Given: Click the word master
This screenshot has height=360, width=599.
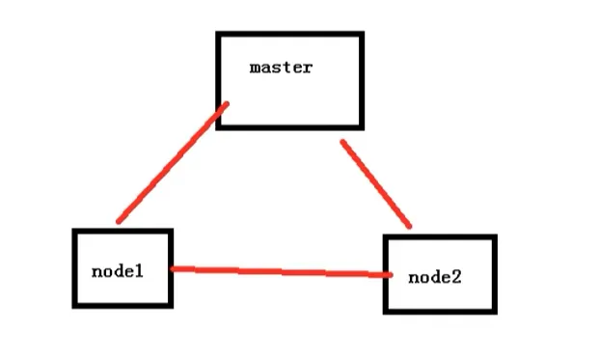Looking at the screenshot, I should pyautogui.click(x=280, y=68).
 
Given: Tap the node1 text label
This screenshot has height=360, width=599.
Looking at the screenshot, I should pyautogui.click(x=117, y=271).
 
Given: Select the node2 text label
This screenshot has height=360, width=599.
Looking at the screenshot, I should pyautogui.click(x=435, y=277).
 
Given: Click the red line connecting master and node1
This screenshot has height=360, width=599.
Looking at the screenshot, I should pyautogui.click(x=172, y=163).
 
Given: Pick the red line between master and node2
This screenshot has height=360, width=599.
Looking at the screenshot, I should pyautogui.click(x=376, y=184).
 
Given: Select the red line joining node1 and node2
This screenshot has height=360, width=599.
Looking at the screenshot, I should pyautogui.click(x=280, y=272).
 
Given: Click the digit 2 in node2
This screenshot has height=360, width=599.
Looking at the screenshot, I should pyautogui.click(x=456, y=277).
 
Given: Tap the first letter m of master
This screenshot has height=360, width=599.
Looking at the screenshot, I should pyautogui.click(x=255, y=69).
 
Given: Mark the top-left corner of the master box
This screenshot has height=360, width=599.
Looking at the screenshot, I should pyautogui.click(x=219, y=35).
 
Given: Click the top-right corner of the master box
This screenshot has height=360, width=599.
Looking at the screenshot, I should pyautogui.click(x=361, y=35).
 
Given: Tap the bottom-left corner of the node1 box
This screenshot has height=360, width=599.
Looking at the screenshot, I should pyautogui.click(x=75, y=305).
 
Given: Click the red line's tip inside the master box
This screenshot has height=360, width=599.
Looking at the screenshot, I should pyautogui.click(x=227, y=104).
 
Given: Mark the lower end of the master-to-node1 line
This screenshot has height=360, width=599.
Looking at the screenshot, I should pyautogui.click(x=119, y=222).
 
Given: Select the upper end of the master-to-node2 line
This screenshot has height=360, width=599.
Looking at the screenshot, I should pyautogui.click(x=342, y=142).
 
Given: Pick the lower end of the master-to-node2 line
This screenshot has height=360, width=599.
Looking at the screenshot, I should pyautogui.click(x=410, y=227).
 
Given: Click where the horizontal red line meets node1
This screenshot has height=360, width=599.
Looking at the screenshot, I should pyautogui.click(x=172, y=268).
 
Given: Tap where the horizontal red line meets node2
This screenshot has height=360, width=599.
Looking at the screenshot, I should pyautogui.click(x=390, y=276).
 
